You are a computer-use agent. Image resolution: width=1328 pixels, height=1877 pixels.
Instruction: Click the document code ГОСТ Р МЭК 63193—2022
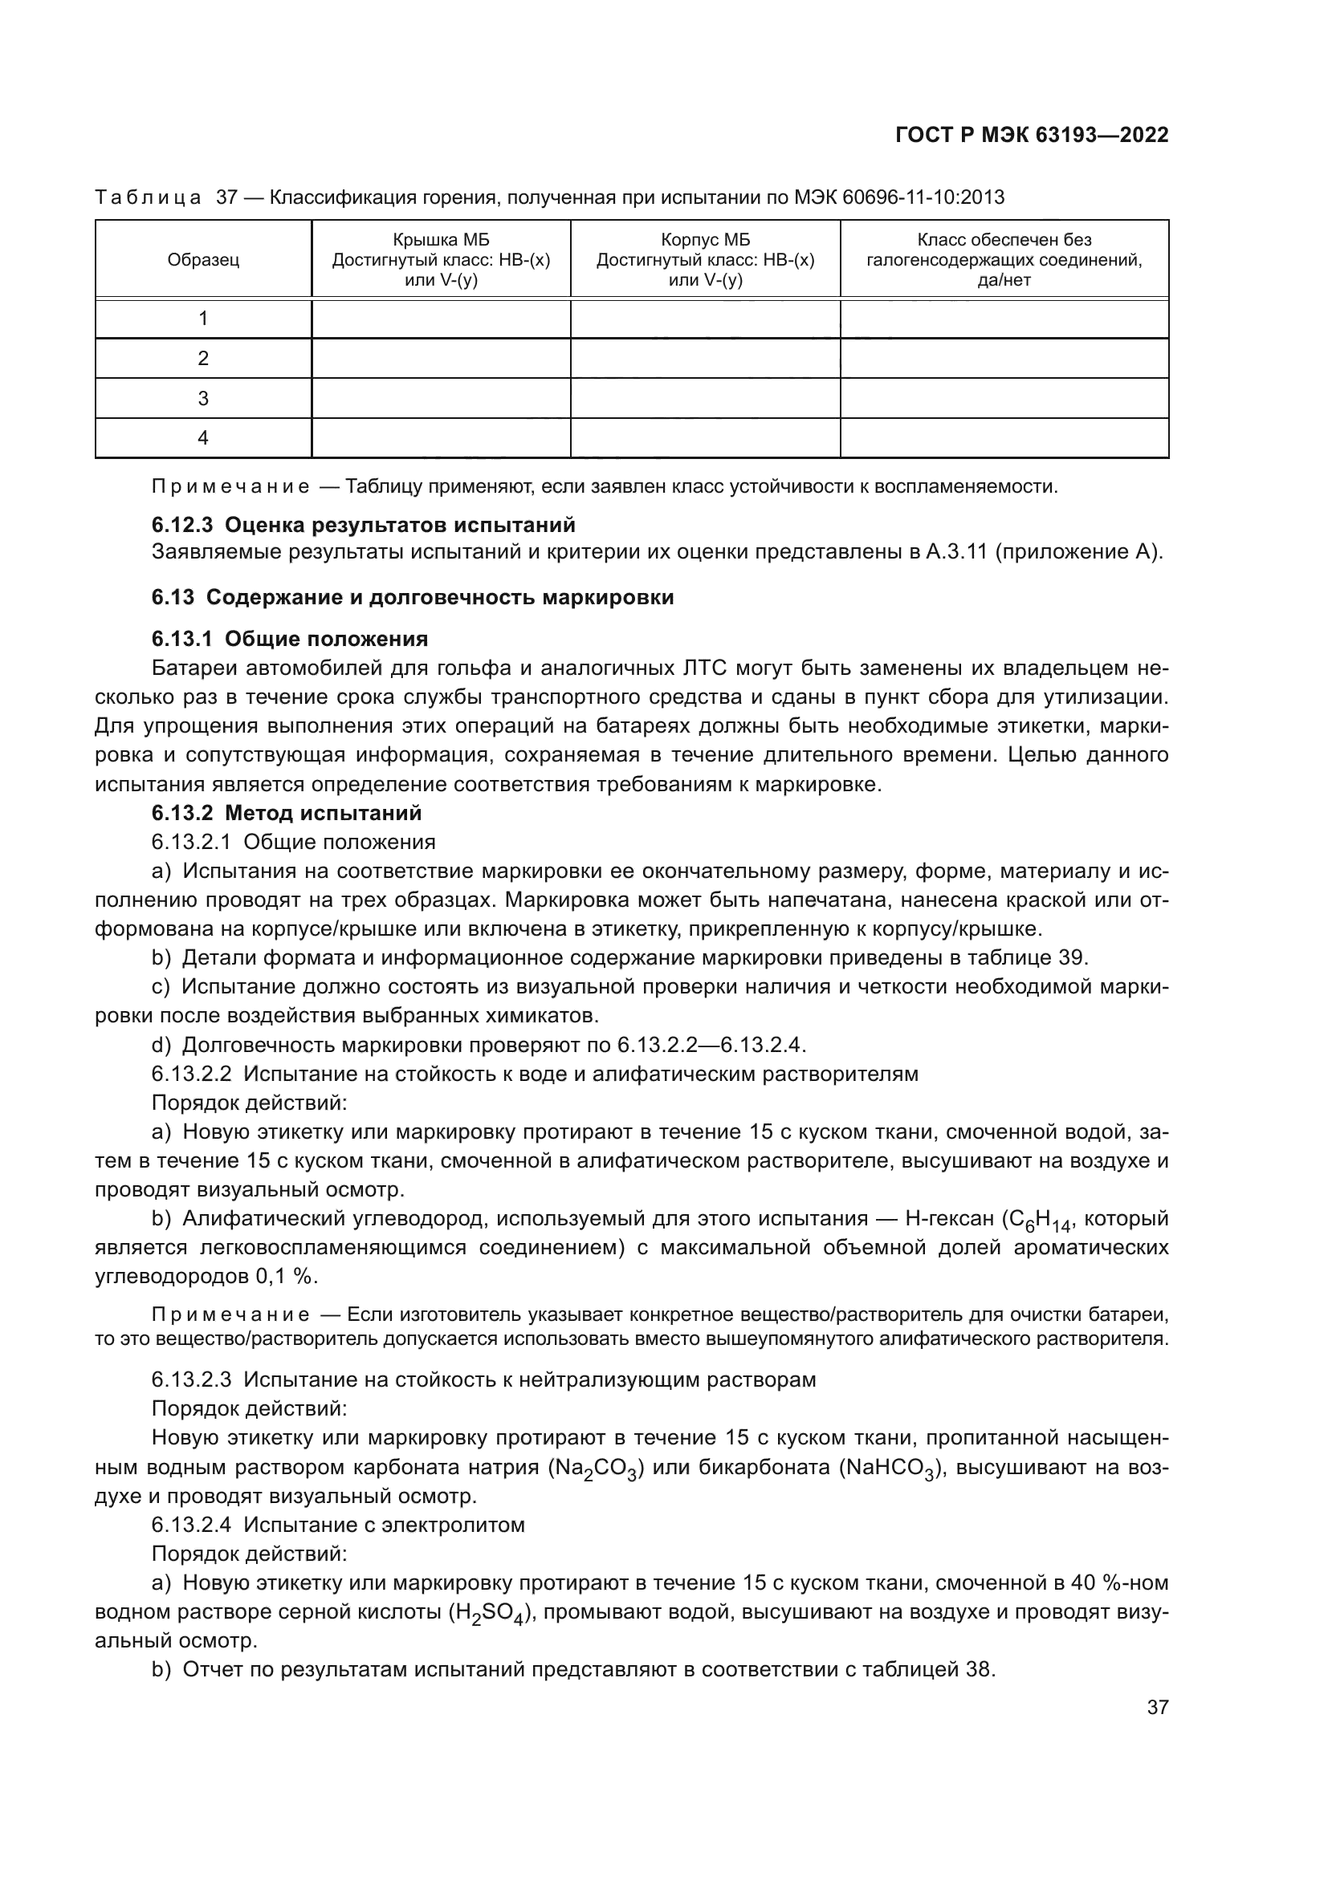click(1032, 136)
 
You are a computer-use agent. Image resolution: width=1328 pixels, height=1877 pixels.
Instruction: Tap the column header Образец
click(203, 260)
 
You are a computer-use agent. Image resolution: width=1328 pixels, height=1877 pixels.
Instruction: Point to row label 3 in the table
click(203, 398)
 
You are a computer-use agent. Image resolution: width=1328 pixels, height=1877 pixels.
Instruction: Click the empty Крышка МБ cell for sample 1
click(441, 319)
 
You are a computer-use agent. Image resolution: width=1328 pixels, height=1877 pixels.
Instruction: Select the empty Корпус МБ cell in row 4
click(705, 438)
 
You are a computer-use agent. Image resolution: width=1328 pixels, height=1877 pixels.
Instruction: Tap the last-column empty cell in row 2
click(1004, 358)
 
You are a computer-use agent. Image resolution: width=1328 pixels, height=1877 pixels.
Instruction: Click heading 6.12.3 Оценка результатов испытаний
click(363, 524)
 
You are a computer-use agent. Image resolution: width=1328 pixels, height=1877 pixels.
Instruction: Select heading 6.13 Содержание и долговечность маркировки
click(412, 597)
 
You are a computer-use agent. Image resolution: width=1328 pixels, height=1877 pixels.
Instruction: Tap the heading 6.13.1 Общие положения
click(290, 639)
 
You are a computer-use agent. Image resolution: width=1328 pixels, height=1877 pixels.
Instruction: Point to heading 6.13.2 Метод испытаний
click(286, 813)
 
